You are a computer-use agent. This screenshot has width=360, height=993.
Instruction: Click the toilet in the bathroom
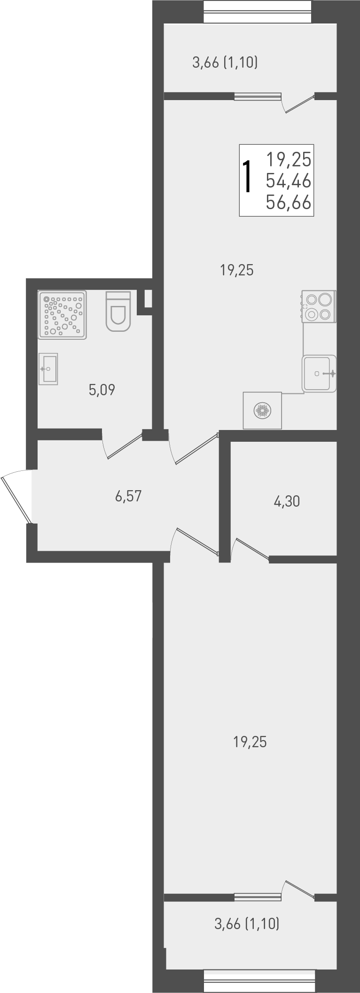[x=118, y=311]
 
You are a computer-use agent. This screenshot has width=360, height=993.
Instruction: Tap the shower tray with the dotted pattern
[x=63, y=314]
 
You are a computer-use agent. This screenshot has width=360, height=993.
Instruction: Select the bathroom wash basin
[x=48, y=369]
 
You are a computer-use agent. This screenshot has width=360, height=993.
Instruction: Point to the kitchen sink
[x=320, y=374]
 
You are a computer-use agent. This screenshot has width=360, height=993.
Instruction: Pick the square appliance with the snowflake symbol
[x=262, y=411]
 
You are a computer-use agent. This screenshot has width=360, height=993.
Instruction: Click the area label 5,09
[x=102, y=390]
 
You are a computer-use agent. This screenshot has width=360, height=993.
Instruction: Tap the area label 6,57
[x=128, y=496]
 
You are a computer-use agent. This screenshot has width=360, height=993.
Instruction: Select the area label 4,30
[x=287, y=501]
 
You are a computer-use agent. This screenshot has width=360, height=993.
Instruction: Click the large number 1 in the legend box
[x=248, y=177]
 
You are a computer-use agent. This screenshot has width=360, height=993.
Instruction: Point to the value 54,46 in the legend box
[x=289, y=180]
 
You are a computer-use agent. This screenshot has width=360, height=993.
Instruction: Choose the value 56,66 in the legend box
[x=289, y=203]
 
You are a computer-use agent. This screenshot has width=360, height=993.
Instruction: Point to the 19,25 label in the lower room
[x=250, y=742]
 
